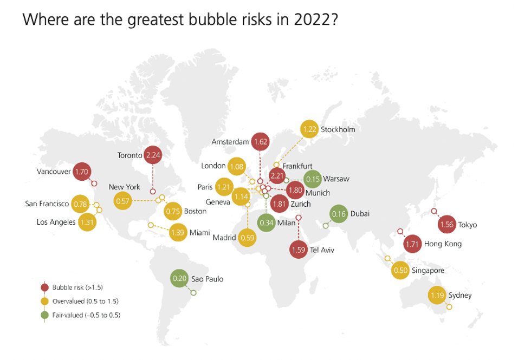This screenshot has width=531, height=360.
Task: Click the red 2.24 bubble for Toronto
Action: click(x=153, y=155)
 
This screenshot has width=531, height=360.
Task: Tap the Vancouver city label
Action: click(x=54, y=172)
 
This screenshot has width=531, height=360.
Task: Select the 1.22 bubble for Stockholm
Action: click(x=309, y=129)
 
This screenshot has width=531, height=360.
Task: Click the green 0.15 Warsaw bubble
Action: click(x=313, y=179)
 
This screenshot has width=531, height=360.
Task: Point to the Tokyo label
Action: click(x=467, y=225)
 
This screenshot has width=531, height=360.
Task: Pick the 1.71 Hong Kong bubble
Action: click(x=413, y=244)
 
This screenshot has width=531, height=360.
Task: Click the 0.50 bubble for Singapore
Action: click(x=400, y=270)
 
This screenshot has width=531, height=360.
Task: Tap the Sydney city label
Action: click(x=460, y=295)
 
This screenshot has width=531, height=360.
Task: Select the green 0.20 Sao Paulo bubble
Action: click(x=179, y=279)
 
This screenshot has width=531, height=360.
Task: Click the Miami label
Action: click(x=199, y=233)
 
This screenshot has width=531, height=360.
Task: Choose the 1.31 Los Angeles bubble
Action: click(x=87, y=222)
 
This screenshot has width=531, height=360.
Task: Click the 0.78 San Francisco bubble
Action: click(x=80, y=204)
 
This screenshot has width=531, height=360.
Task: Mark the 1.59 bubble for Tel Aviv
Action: click(x=299, y=250)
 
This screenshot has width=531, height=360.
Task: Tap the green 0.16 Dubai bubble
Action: click(x=339, y=214)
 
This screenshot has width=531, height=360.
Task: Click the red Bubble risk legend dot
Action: click(x=45, y=287)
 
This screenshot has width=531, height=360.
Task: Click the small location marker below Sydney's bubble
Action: click(x=449, y=307)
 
